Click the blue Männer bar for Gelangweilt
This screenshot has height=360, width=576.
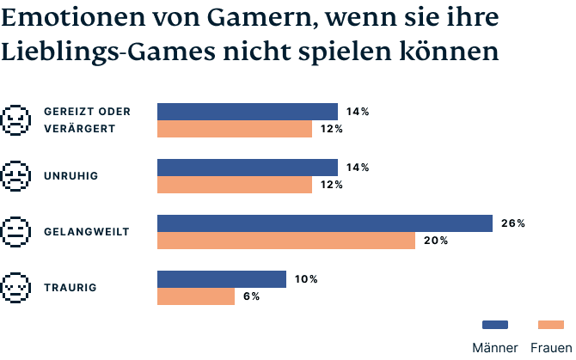(324, 223)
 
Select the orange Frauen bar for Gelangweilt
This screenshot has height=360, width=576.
(285, 241)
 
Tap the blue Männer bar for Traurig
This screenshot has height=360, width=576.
(221, 279)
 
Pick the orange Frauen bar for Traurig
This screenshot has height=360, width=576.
(195, 296)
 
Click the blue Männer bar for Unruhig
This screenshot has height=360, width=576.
(248, 168)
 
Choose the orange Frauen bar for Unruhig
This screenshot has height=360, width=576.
(234, 185)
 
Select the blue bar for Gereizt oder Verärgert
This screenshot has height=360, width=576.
(248, 112)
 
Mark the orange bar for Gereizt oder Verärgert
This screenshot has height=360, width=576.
(234, 129)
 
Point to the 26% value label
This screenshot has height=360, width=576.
(512, 223)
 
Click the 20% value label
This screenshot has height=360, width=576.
(435, 241)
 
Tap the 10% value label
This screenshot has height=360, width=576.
(306, 279)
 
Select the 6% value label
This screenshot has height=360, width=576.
(251, 296)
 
